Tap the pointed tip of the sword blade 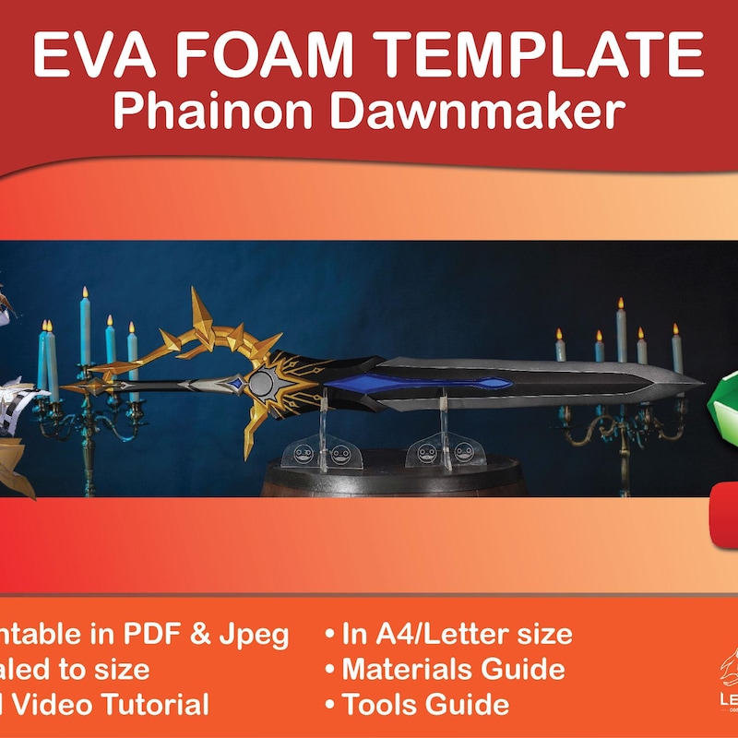pyautogui.click(x=700, y=379)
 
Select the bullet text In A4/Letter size pyautogui.click(x=457, y=634)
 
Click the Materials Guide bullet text pyautogui.click(x=453, y=669)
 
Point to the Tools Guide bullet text pyautogui.click(x=424, y=705)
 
